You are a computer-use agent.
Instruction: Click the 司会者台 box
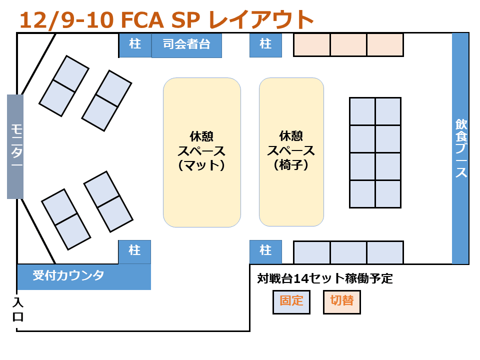tap(186, 45)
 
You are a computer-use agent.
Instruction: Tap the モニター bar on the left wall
tap(15, 146)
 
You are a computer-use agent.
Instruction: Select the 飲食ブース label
tap(460, 148)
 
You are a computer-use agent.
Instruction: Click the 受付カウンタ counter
tap(84, 276)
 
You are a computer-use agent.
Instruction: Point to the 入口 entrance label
tap(18, 309)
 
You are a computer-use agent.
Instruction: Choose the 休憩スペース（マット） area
tap(202, 152)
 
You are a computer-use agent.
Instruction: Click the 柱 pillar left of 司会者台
tap(135, 45)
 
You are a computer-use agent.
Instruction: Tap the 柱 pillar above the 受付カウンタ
tap(134, 251)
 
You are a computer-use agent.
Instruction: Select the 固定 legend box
tap(291, 301)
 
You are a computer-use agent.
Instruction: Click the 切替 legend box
tap(342, 301)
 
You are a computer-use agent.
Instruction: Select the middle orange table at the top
tap(348, 45)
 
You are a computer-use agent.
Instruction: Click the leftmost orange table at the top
tap(311, 45)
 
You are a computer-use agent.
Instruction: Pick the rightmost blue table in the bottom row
tap(385, 252)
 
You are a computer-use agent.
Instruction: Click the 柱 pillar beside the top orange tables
tap(265, 45)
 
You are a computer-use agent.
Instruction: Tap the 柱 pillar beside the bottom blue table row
tap(265, 251)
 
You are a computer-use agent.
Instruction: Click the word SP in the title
tap(186, 20)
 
